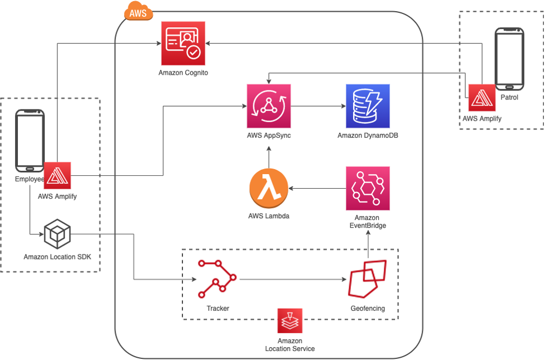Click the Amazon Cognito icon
183,44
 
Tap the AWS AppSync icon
269,106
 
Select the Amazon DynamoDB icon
368,106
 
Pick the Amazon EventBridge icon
368,188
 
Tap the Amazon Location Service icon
290,321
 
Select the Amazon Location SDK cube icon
57,234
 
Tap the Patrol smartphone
509,59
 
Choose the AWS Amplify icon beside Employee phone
57,176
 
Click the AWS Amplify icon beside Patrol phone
482,98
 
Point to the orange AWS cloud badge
138,12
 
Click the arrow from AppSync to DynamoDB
318,106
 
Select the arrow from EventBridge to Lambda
317,189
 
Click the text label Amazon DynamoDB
368,136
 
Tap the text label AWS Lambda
269,216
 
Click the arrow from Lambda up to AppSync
269,156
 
